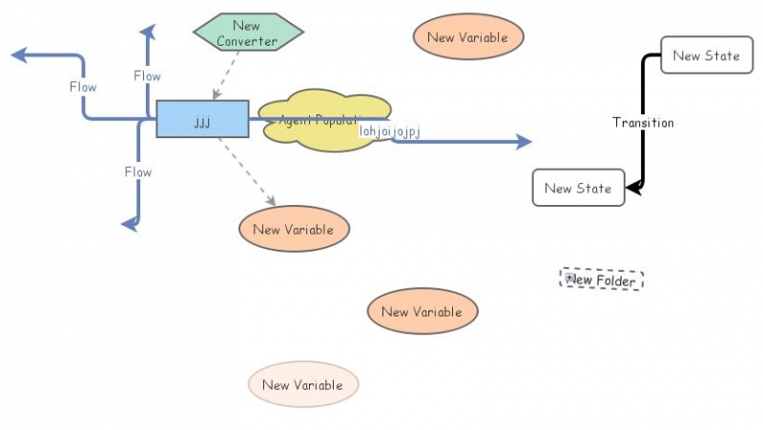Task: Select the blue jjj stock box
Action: [202, 119]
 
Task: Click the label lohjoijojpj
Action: [389, 132]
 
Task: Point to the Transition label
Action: [643, 123]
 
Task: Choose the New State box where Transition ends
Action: [578, 188]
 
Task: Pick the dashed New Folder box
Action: [603, 280]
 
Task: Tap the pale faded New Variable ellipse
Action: [302, 385]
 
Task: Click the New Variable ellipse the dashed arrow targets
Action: [294, 229]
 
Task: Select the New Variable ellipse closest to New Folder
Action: [422, 312]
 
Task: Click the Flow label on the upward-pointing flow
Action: [147, 75]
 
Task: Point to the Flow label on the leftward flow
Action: [83, 87]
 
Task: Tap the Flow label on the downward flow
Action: [138, 172]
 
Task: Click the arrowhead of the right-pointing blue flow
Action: [523, 142]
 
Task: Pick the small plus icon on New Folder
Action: [569, 278]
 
